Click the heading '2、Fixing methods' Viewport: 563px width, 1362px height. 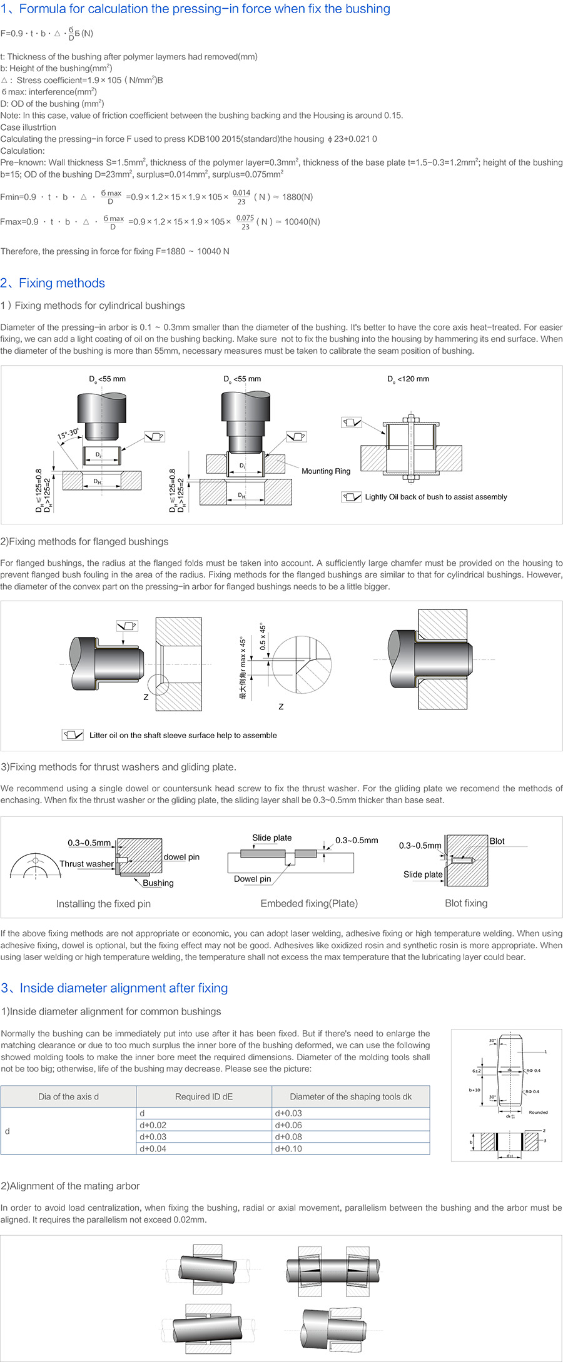point(53,283)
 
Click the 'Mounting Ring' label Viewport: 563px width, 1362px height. point(326,471)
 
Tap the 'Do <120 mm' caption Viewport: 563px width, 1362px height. point(408,379)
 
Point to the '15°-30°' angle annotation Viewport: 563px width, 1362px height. point(68,433)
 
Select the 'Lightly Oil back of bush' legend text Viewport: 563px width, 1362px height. point(436,497)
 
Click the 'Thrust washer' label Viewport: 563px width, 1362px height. point(86,864)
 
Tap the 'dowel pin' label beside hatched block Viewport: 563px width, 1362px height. point(181,857)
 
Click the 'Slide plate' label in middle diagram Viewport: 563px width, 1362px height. point(271,838)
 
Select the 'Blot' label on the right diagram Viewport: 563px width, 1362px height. point(497,841)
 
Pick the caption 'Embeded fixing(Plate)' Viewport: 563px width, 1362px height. point(309,903)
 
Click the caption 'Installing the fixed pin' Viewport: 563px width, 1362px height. point(103,904)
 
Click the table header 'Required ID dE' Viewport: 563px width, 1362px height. point(204,1096)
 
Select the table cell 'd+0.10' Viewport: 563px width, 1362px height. point(288,1148)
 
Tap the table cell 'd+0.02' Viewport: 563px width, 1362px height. point(153,1124)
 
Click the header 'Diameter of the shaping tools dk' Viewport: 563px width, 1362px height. point(350,1096)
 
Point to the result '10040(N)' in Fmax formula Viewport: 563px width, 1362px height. point(302,222)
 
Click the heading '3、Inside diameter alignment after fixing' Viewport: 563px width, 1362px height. point(114,988)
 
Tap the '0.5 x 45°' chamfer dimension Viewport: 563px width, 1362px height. point(263,637)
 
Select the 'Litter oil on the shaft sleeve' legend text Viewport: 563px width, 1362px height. point(183,735)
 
